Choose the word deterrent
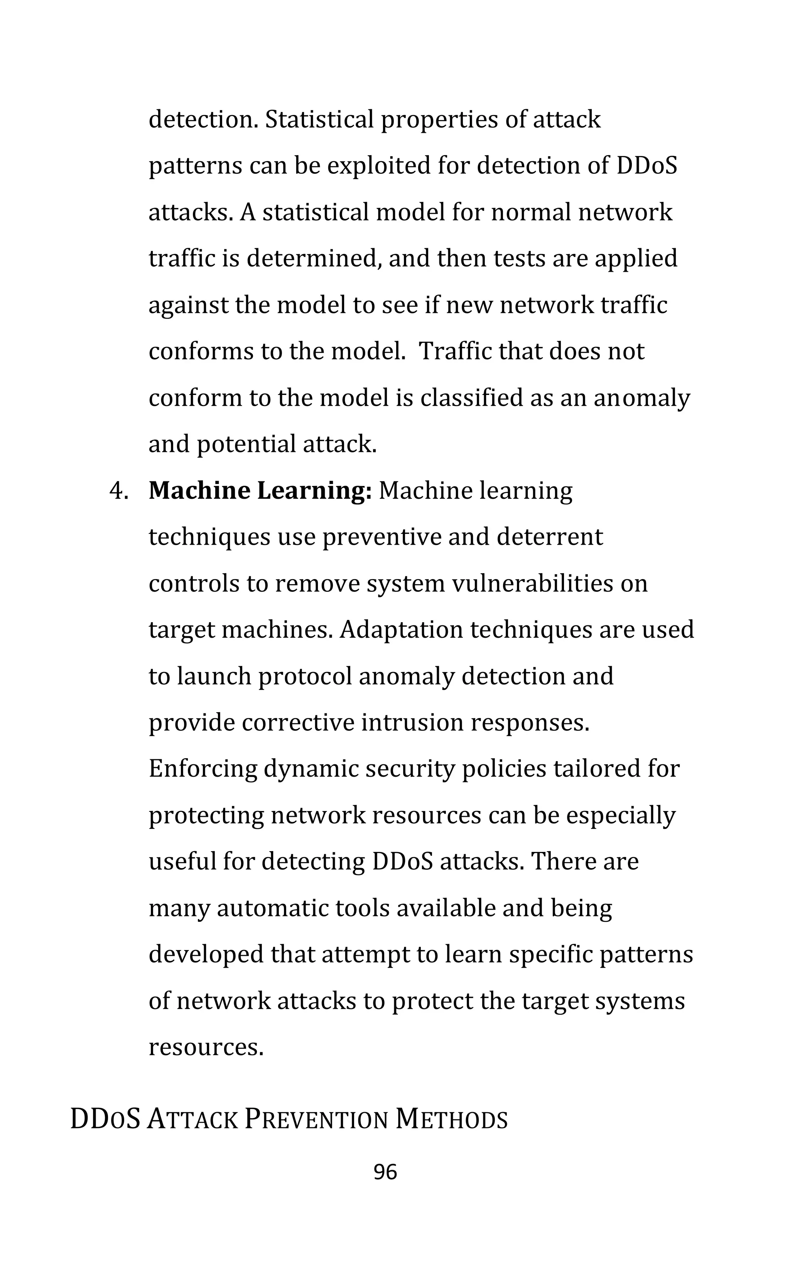(x=550, y=537)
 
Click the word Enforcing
(x=203, y=769)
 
